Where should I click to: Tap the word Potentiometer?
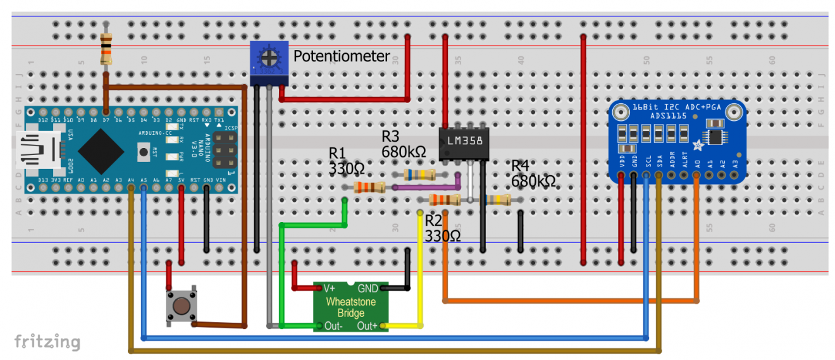[x=342, y=56]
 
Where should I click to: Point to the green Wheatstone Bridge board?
[x=350, y=306]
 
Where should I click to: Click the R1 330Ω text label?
[x=345, y=161]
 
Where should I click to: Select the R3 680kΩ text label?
[x=403, y=144]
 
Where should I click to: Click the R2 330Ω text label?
[x=442, y=228]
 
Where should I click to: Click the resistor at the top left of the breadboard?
[x=107, y=49]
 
